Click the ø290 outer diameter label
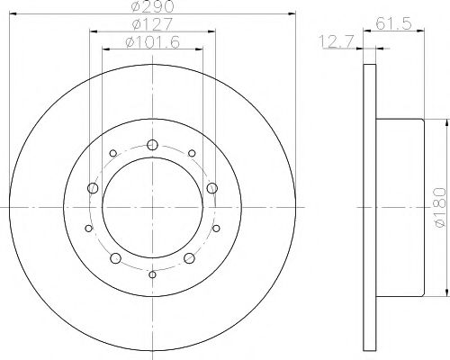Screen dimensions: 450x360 coord(152,6)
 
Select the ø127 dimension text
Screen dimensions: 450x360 coord(152,24)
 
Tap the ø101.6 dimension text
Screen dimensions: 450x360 coord(153,42)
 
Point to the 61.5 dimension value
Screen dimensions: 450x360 coord(393,23)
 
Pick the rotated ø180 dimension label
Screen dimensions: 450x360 coord(440,207)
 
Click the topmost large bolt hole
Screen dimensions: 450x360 coord(152,145)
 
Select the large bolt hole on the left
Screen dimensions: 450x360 coord(93,188)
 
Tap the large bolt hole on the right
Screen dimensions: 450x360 coord(212,188)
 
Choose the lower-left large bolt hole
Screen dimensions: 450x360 coord(115,258)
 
